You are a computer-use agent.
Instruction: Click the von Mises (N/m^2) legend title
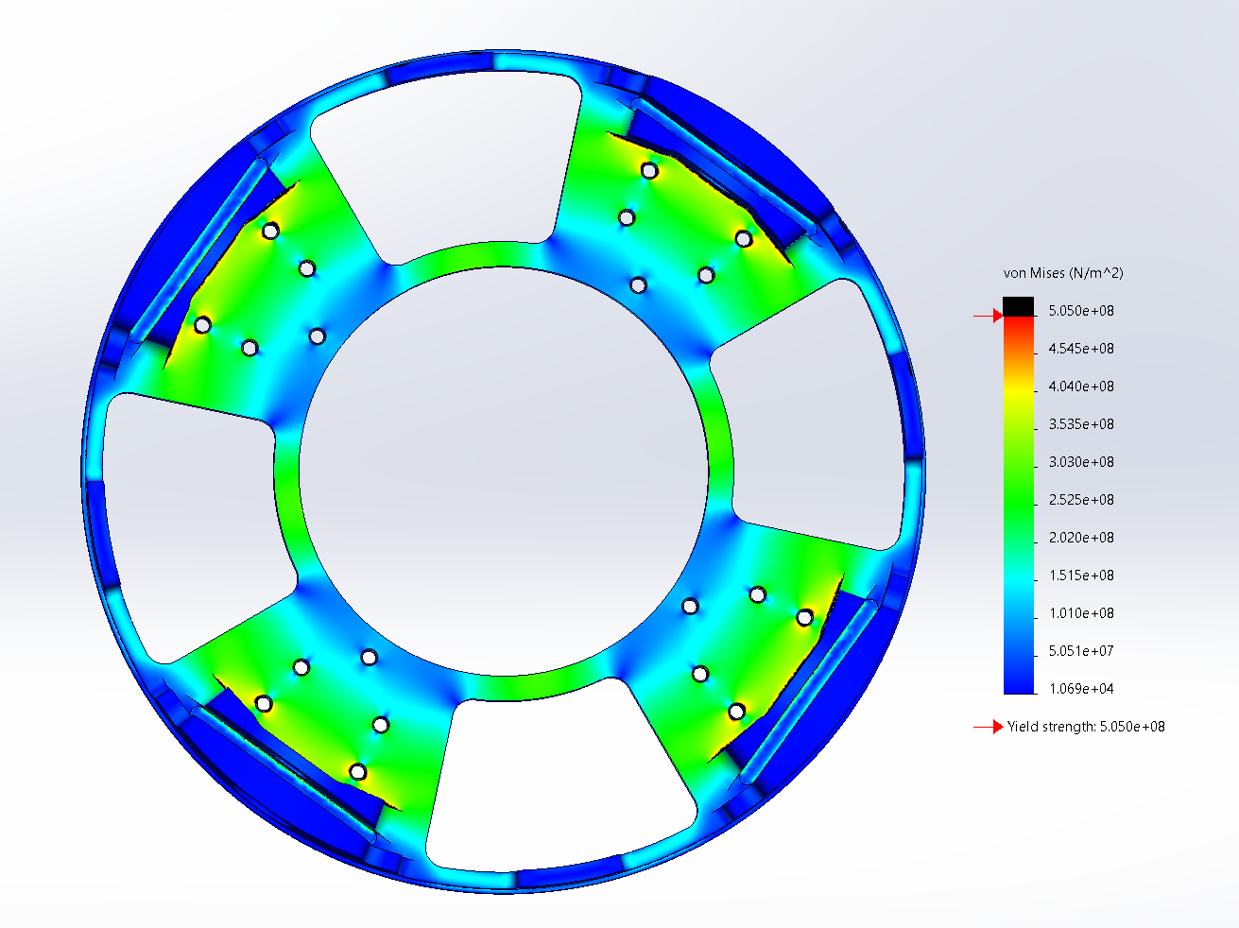tap(1062, 273)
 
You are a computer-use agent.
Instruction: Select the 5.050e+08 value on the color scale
tap(1081, 311)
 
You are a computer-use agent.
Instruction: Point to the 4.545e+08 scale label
tap(1081, 349)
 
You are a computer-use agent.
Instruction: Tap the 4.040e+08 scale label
tap(1081, 387)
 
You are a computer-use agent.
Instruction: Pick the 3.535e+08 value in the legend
tap(1081, 424)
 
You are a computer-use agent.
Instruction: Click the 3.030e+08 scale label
tap(1081, 462)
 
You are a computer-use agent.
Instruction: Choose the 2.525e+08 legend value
tap(1081, 500)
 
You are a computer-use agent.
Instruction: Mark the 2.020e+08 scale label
tap(1081, 538)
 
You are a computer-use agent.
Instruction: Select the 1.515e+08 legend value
tap(1081, 576)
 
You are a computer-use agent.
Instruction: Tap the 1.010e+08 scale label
tap(1081, 613)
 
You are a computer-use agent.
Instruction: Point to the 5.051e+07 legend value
tap(1081, 651)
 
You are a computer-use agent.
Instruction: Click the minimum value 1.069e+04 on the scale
tap(1081, 689)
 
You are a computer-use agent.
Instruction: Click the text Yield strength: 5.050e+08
tap(1086, 727)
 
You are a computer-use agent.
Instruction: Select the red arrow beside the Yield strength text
tap(989, 727)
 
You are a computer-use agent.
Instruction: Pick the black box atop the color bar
tap(1018, 306)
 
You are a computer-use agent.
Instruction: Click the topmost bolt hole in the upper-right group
tap(649, 170)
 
